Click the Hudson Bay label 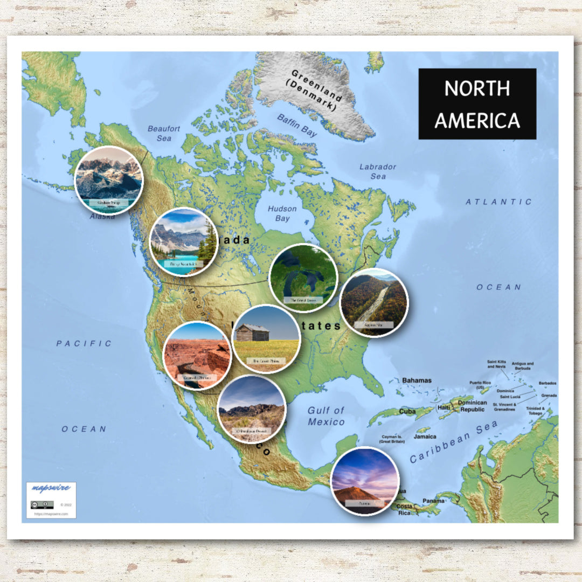click(282, 213)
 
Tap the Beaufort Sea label click(164, 133)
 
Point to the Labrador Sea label click(378, 171)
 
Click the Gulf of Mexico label click(326, 416)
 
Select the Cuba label click(407, 411)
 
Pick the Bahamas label click(417, 380)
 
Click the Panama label click(433, 501)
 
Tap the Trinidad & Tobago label click(535, 411)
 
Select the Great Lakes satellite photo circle click(303, 278)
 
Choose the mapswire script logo click(51, 488)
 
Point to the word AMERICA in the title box click(477, 120)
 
